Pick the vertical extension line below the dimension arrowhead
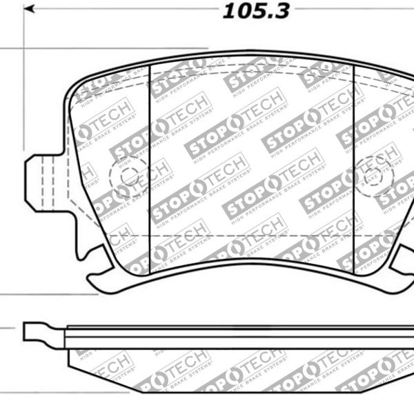point(24,83)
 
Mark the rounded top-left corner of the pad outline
point(77,86)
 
